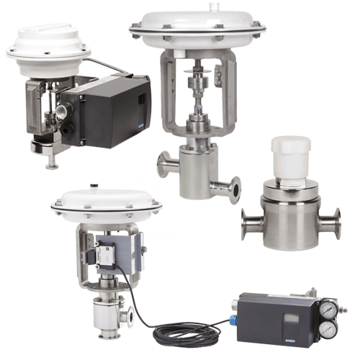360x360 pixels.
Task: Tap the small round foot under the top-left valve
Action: pos(51,166)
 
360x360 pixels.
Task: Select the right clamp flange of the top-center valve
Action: pos(234,189)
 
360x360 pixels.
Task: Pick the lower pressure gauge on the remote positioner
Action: pos(328,329)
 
